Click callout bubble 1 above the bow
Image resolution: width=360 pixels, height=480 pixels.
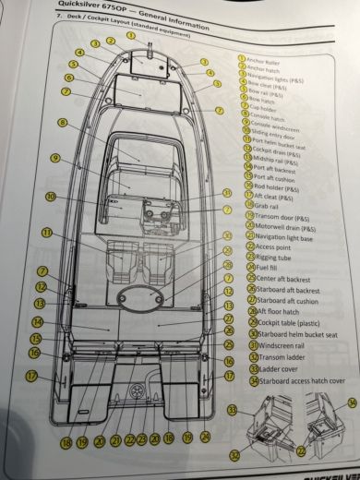pos(131,36)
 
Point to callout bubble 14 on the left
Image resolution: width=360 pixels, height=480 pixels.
pos(37,322)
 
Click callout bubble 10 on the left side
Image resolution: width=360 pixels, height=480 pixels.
pos(52,196)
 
